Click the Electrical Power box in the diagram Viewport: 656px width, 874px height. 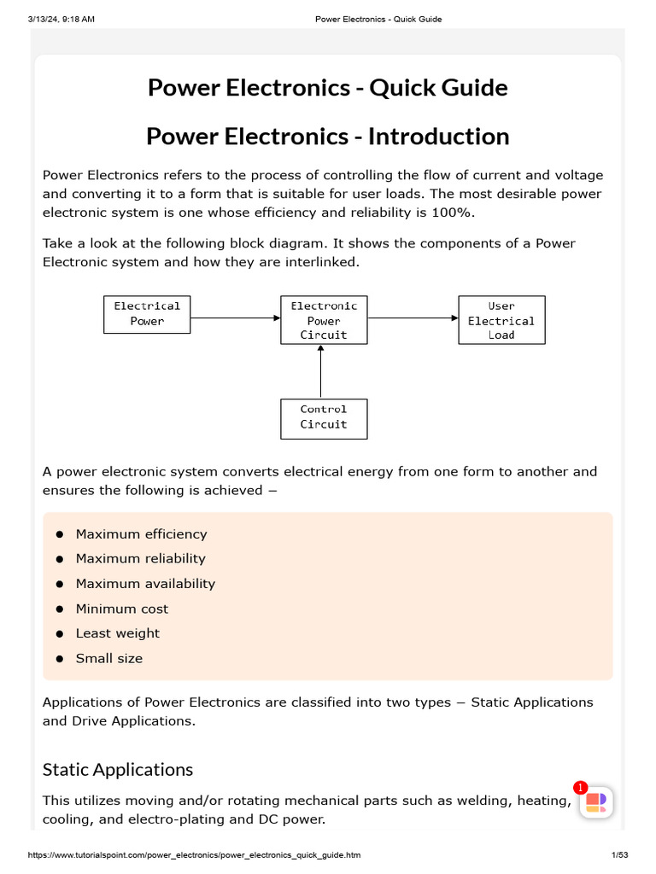(x=147, y=314)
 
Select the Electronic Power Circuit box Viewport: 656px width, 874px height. (x=324, y=320)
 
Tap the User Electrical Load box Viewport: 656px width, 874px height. (x=501, y=320)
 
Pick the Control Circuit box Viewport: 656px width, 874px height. (x=324, y=418)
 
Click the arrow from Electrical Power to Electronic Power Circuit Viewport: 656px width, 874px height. (x=236, y=318)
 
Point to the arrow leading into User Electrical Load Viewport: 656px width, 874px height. (x=413, y=318)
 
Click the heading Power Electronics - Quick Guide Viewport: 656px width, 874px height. (x=328, y=88)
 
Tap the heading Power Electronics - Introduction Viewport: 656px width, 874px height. (x=328, y=137)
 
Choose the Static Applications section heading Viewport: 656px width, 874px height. (x=118, y=769)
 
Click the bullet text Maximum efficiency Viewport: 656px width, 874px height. (x=141, y=534)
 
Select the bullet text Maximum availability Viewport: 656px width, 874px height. (x=145, y=584)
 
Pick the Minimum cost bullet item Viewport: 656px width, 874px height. (x=122, y=609)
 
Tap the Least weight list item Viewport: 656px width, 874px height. (x=118, y=633)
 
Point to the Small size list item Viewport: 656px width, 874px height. (x=109, y=658)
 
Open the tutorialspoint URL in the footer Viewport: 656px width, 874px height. (x=195, y=855)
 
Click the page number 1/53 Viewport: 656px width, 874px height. (x=619, y=855)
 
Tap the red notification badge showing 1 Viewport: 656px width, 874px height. (x=581, y=788)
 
